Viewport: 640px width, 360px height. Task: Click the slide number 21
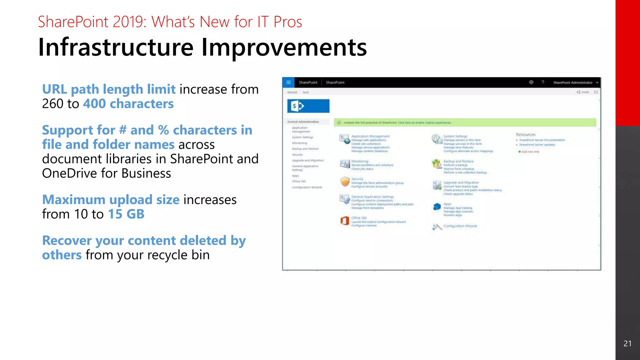tap(627, 343)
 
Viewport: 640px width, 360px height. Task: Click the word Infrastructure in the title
tap(116, 47)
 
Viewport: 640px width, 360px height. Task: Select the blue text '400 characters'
tap(128, 104)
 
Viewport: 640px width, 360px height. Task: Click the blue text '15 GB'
tap(126, 214)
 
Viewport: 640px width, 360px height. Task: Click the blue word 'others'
tap(62, 255)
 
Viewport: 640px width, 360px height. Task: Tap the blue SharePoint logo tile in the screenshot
tap(308, 106)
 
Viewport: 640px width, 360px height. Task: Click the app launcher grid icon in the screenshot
tap(288, 82)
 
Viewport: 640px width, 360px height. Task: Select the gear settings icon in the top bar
tap(531, 82)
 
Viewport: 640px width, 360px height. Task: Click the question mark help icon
tap(543, 82)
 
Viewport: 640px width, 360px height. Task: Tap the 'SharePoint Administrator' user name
tap(572, 82)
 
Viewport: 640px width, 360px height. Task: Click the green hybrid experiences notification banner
tap(465, 122)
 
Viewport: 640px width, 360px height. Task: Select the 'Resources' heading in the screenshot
tap(526, 135)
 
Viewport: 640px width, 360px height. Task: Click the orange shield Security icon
tap(345, 182)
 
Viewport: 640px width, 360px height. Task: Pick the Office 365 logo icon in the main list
tap(344, 221)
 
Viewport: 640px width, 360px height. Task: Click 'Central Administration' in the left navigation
tap(303, 122)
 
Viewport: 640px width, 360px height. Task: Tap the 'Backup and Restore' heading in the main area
tap(458, 161)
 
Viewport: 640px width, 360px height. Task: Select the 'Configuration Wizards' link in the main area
tap(460, 226)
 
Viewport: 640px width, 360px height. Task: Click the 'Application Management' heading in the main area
tap(370, 136)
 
